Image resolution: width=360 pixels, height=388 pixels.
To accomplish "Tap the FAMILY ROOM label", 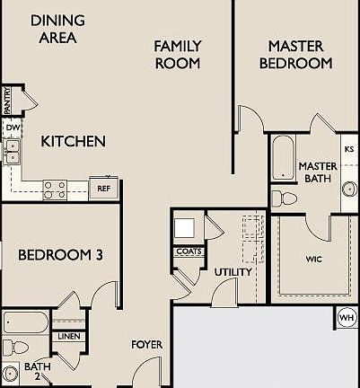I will tap(177, 54).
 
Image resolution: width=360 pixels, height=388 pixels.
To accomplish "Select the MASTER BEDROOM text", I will tap(295, 54).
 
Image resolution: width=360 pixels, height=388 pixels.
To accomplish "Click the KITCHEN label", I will tap(74, 141).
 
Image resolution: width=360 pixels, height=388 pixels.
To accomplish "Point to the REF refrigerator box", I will tap(104, 189).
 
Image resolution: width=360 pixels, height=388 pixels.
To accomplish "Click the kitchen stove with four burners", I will tap(55, 190).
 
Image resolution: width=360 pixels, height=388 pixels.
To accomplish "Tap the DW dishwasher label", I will tap(12, 128).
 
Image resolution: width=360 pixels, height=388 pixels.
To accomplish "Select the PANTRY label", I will tap(7, 100).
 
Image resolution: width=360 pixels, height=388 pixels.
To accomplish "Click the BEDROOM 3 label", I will tap(60, 255).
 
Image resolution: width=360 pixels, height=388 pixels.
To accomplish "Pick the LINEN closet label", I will tap(69, 337).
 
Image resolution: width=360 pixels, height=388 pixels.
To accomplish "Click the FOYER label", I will tap(146, 344).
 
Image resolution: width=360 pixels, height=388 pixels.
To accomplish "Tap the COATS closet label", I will tap(189, 251).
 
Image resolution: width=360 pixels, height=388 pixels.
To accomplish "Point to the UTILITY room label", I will tap(233, 272).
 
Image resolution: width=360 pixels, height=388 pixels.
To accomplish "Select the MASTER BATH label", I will tap(316, 172).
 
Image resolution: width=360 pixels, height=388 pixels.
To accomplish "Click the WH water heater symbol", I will tap(347, 317).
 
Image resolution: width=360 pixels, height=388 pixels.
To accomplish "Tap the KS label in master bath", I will tap(349, 148).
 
